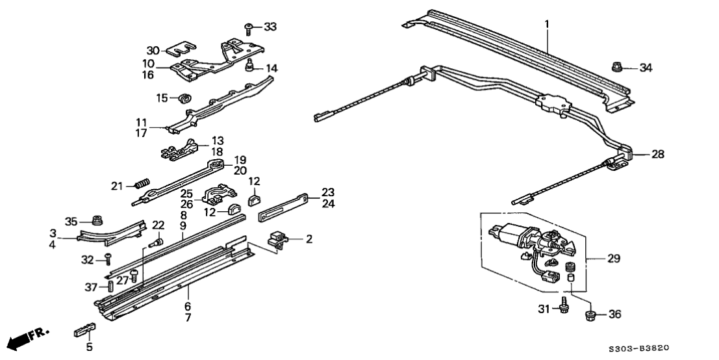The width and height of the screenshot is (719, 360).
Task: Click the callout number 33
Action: pyautogui.click(x=270, y=27)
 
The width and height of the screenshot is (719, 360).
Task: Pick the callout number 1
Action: pyautogui.click(x=547, y=25)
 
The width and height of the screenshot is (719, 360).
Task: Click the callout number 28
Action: pyautogui.click(x=657, y=154)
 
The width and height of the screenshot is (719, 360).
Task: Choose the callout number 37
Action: pyautogui.click(x=91, y=287)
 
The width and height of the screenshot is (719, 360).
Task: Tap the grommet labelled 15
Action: pyautogui.click(x=184, y=99)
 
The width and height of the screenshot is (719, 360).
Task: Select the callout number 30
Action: pyautogui.click(x=153, y=50)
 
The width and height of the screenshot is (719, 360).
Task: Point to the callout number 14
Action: pyautogui.click(x=271, y=68)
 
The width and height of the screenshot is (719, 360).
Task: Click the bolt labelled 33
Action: pyautogui.click(x=249, y=28)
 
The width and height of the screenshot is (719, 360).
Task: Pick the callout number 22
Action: pyautogui.click(x=158, y=225)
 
